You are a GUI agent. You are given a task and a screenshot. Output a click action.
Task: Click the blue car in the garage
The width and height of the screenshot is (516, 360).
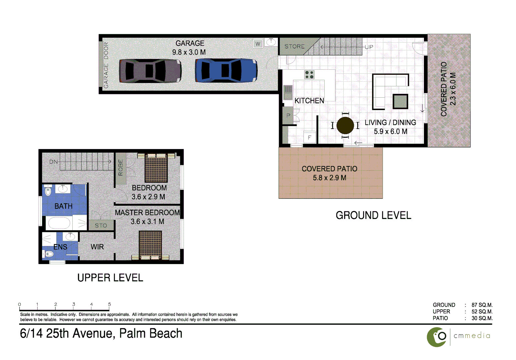click(x=226, y=70)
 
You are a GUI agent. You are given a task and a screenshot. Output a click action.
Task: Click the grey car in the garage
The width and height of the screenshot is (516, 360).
click(x=150, y=71)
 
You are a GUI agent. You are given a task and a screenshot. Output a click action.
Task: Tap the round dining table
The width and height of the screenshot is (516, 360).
click(x=345, y=125)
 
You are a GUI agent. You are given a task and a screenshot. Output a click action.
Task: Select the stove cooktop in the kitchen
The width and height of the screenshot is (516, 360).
click(x=309, y=75)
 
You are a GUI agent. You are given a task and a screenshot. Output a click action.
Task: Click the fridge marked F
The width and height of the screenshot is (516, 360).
click(x=310, y=137)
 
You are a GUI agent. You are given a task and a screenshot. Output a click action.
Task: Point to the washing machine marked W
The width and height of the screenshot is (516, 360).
click(x=258, y=44)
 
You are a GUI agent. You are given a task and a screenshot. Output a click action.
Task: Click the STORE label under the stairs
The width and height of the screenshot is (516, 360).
click(x=294, y=46)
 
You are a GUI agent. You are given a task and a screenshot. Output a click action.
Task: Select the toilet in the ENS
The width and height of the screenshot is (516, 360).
click(x=49, y=254)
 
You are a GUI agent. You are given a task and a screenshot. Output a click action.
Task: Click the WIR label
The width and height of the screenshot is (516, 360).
click(x=97, y=247)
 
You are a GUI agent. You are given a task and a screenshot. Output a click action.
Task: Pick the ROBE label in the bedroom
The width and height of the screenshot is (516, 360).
click(x=121, y=168)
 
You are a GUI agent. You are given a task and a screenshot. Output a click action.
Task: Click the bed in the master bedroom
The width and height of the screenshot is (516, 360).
click(x=150, y=245)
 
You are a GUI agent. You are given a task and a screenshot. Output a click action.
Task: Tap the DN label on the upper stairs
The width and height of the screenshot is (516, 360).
click(x=53, y=162)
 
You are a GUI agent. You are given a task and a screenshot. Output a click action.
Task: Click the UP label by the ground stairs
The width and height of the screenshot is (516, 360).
click(x=369, y=47)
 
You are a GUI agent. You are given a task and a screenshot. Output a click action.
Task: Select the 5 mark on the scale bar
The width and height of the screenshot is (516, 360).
click(x=109, y=304)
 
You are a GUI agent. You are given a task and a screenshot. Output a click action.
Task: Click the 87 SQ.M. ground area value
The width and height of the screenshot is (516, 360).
click(x=482, y=305)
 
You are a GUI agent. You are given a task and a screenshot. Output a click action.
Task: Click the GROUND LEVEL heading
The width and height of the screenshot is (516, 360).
click(x=373, y=215)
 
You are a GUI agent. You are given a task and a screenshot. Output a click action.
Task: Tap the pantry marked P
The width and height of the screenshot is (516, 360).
click(x=288, y=116)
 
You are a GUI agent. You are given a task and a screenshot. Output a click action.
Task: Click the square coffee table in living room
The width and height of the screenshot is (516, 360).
click(x=400, y=101)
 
